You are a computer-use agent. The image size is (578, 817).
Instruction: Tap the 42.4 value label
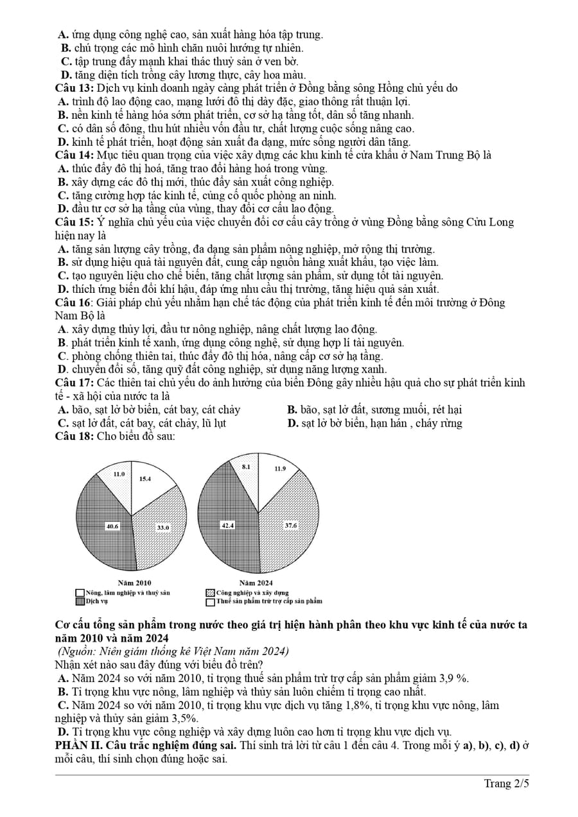point(228,525)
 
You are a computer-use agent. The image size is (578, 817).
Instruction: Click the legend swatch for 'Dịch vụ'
point(80,601)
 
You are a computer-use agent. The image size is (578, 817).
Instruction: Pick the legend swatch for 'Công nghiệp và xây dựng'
point(210,592)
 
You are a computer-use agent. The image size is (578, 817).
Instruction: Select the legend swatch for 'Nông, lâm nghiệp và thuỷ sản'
point(80,592)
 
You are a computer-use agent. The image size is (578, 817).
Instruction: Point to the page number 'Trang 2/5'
point(507,783)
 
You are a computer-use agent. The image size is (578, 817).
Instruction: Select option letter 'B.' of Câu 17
point(292,410)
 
